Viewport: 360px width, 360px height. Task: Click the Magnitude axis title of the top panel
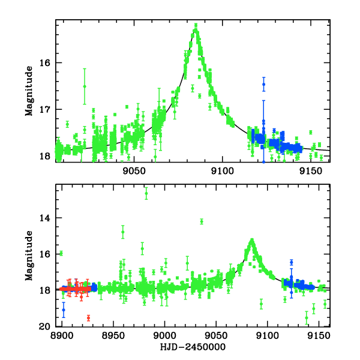click(28, 90)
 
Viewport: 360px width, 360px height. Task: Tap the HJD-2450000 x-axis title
click(193, 347)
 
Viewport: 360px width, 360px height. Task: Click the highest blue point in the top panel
click(263, 84)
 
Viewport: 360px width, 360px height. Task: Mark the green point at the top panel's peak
click(196, 25)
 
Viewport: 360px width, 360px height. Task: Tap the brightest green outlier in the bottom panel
click(146, 193)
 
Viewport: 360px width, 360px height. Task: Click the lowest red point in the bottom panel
click(88, 318)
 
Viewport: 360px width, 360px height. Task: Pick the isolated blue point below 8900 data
click(64, 310)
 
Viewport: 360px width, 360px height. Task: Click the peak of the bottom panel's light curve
click(252, 241)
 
